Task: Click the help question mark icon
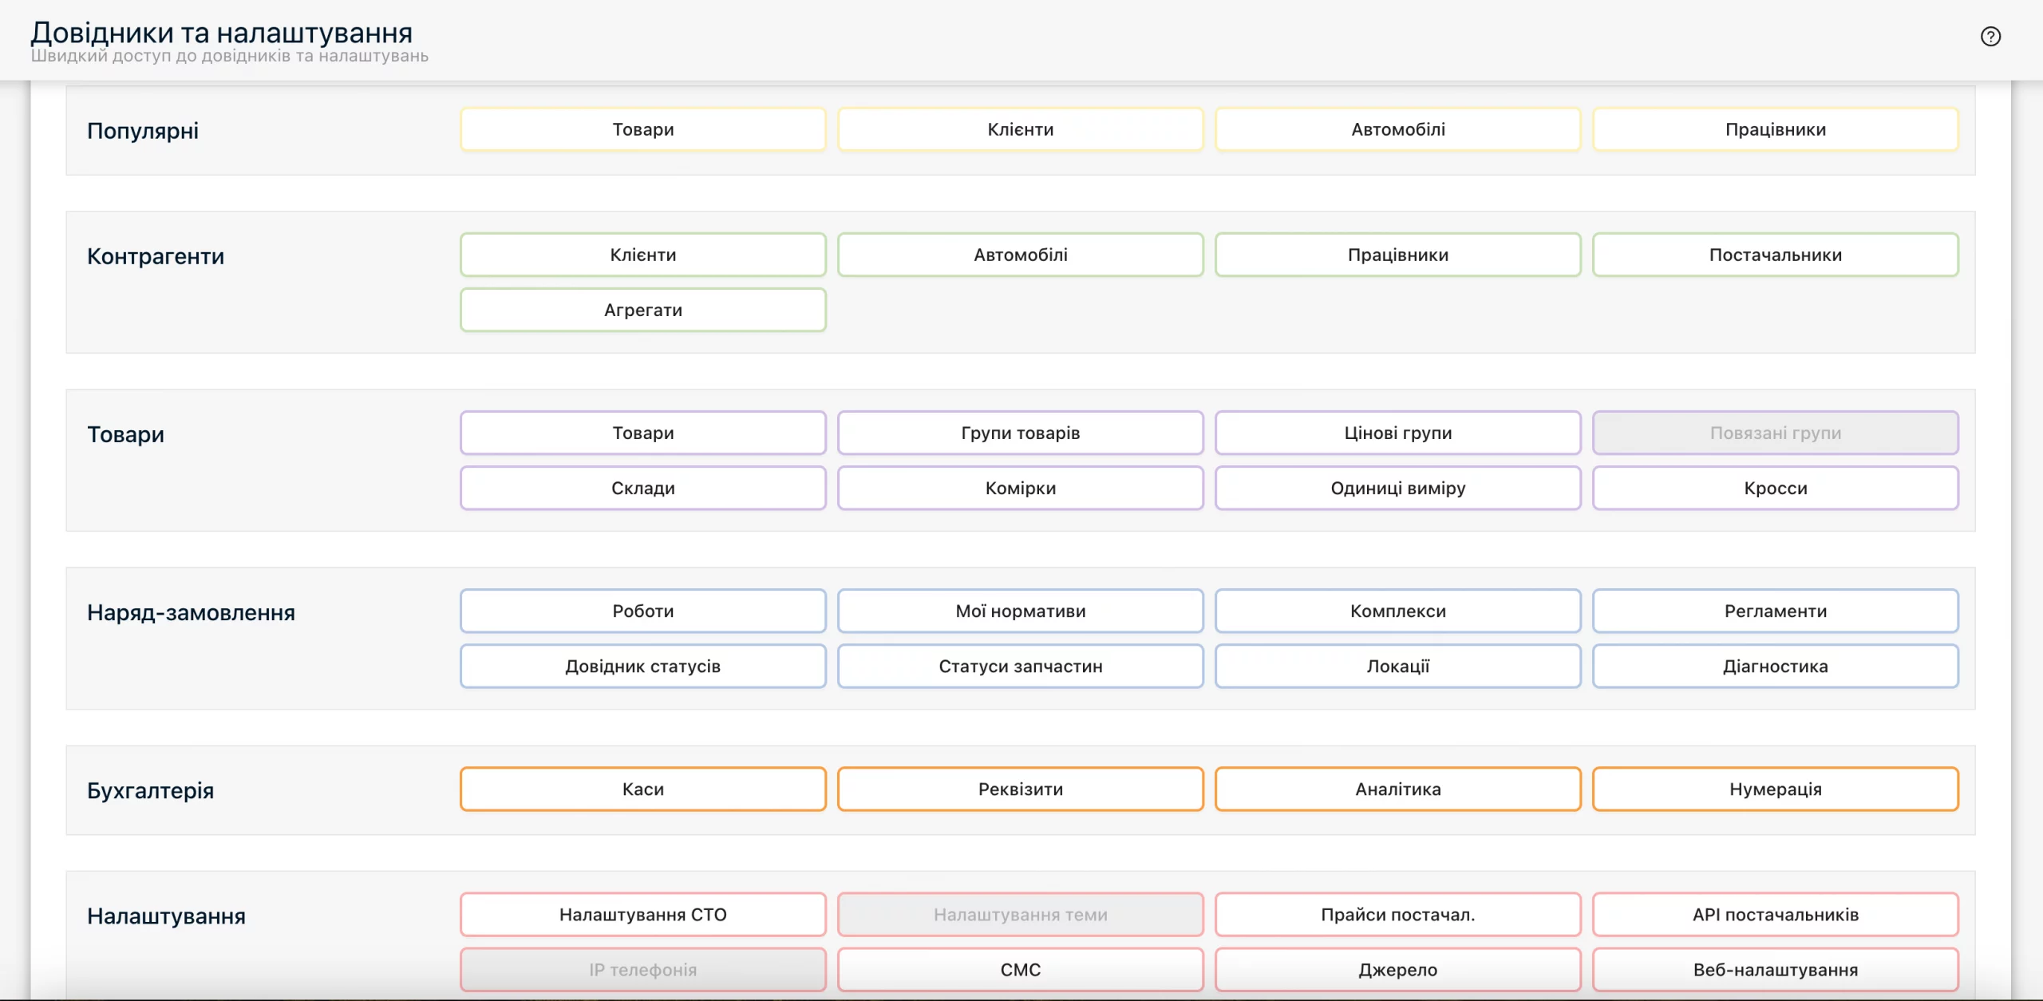tap(1990, 37)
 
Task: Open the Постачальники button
tap(1776, 255)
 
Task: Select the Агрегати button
tap(643, 310)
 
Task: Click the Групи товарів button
tap(1021, 433)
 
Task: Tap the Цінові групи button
tap(1398, 433)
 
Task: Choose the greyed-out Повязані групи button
tap(1776, 433)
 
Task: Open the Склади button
tap(643, 488)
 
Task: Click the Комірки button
tap(1021, 488)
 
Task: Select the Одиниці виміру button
tap(1398, 488)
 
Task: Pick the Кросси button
tap(1776, 488)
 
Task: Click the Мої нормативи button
tap(1021, 611)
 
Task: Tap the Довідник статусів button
tap(643, 666)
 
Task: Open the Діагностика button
tap(1776, 666)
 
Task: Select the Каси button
tap(643, 789)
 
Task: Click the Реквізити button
tap(1021, 789)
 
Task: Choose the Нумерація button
tap(1776, 789)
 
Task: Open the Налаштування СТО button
tap(643, 914)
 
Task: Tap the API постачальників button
tap(1776, 914)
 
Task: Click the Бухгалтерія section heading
tap(151, 790)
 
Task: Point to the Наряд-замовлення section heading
tap(191, 612)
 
